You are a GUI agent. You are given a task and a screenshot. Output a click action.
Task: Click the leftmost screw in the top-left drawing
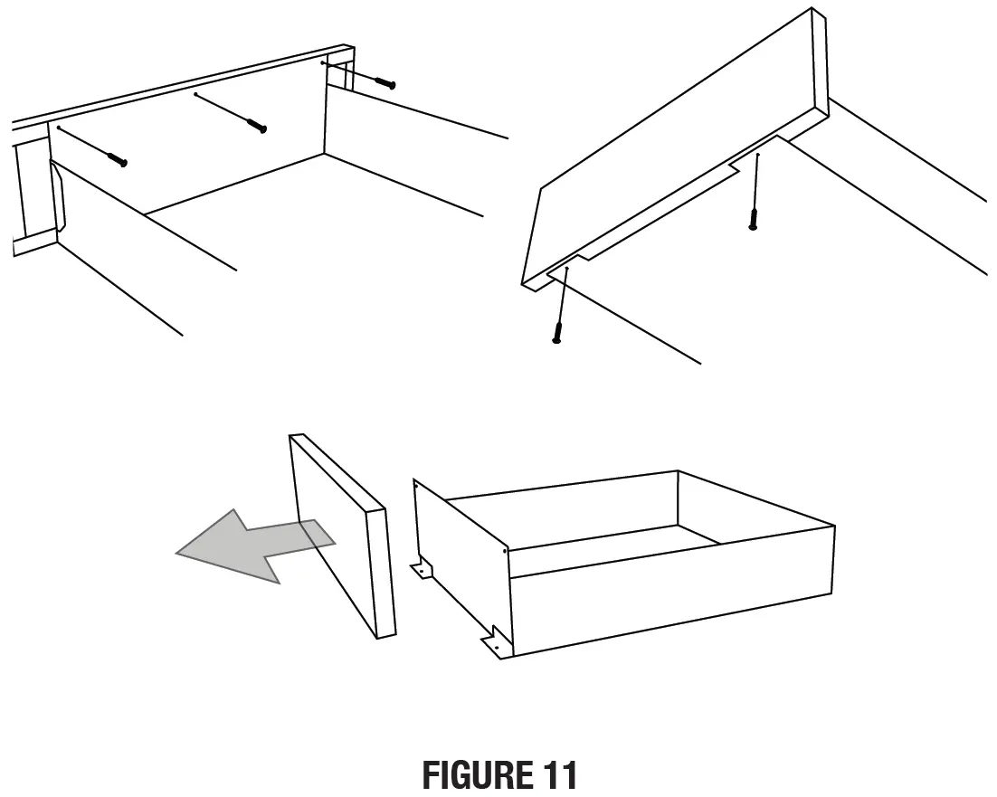click(x=117, y=160)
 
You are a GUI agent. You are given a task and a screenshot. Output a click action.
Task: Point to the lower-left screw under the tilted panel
click(x=557, y=335)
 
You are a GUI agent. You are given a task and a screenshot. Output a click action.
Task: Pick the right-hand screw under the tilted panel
click(x=753, y=219)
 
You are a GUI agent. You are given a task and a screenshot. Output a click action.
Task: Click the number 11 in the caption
click(x=558, y=776)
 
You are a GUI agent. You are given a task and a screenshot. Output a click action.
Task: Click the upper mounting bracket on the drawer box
click(x=422, y=570)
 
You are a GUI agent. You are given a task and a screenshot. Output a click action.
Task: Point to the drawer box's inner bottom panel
click(x=615, y=547)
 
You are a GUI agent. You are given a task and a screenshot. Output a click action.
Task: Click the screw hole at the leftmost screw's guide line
click(x=59, y=128)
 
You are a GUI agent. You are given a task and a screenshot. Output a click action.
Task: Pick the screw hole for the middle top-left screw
click(x=196, y=93)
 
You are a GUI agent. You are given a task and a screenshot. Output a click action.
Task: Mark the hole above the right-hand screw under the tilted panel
click(x=758, y=156)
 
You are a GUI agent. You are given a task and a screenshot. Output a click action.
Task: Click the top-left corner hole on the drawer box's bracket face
click(x=415, y=486)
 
